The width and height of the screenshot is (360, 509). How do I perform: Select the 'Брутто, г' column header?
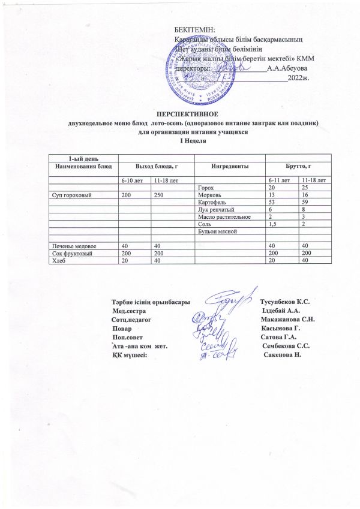coord(298,165)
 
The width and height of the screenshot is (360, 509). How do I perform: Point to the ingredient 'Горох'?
coord(205,188)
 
